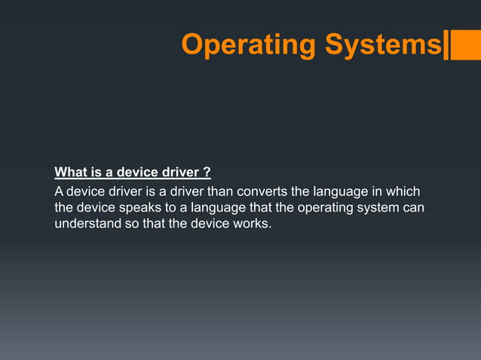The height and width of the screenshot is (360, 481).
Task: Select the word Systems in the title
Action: coord(382,45)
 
